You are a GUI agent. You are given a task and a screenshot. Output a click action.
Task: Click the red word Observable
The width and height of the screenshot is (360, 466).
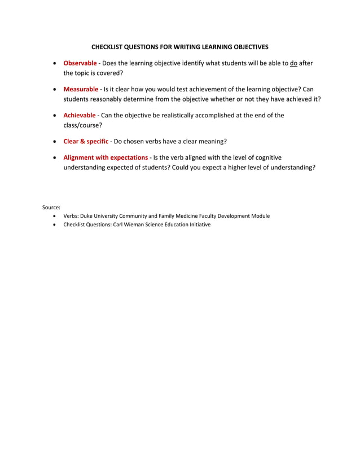(80, 63)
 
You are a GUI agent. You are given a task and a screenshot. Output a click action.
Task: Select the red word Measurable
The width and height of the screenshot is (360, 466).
(81, 89)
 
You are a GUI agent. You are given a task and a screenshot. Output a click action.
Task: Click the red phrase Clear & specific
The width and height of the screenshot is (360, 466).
(86, 141)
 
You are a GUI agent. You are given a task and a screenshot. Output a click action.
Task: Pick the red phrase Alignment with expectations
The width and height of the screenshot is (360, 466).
(106, 157)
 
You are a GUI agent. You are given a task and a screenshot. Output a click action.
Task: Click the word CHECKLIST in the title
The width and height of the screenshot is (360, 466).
(109, 47)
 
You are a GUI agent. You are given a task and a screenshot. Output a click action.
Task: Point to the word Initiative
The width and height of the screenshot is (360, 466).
(197, 225)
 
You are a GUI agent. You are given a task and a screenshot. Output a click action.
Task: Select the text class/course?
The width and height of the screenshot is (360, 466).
(82, 125)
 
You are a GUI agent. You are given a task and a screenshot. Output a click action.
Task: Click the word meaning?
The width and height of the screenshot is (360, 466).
(212, 141)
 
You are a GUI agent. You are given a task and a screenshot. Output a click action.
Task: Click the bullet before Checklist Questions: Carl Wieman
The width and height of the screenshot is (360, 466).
(54, 225)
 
